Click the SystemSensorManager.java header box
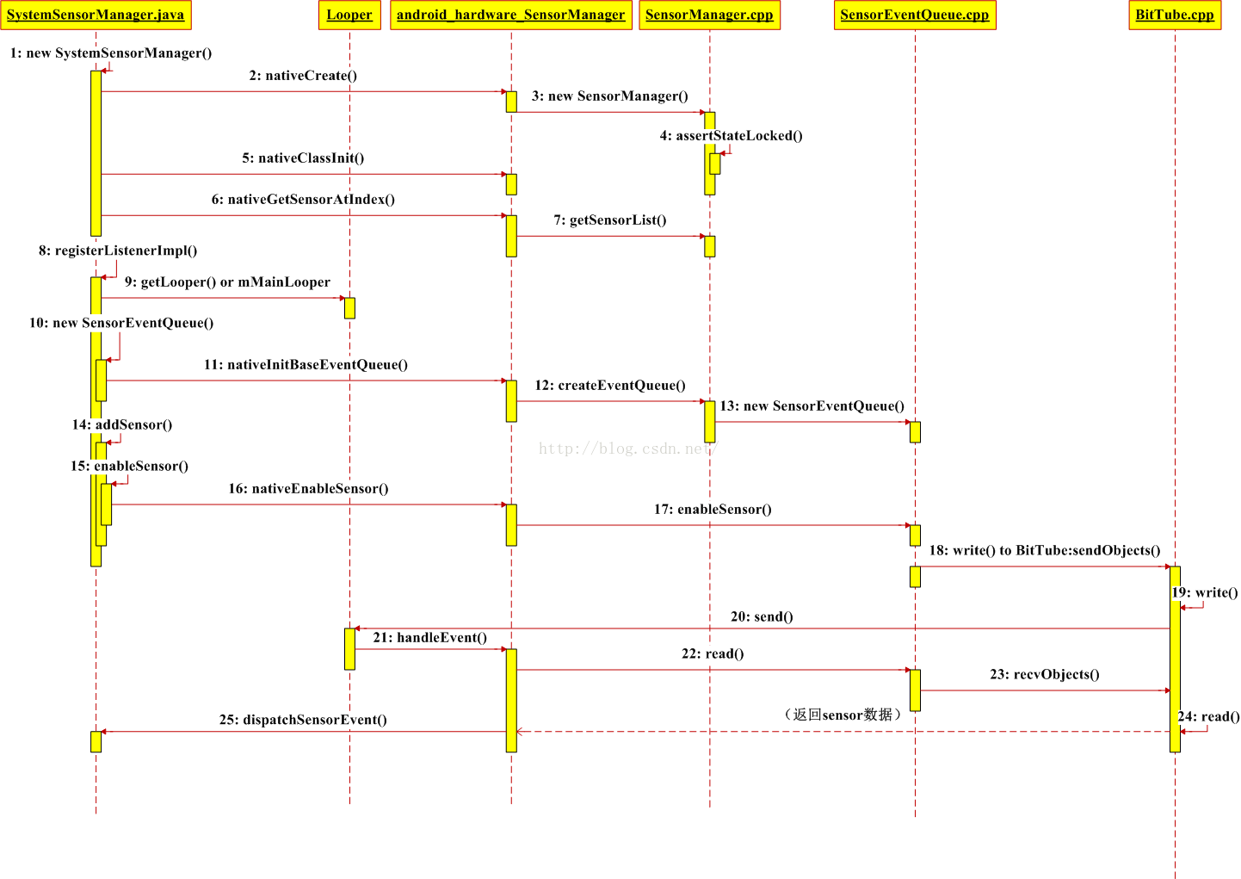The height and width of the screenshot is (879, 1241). click(96, 15)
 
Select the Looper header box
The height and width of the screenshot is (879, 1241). click(349, 15)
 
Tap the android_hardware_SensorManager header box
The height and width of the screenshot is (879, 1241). click(511, 15)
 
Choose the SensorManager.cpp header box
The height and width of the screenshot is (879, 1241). click(709, 15)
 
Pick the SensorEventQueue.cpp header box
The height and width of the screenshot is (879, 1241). click(915, 15)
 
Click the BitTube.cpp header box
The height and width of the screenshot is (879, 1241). click(1175, 15)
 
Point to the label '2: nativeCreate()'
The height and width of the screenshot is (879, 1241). click(303, 76)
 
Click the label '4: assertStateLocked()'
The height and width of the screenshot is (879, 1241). click(731, 136)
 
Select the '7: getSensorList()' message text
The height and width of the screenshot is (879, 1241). click(609, 220)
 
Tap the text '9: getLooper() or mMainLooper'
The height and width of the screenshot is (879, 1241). click(227, 282)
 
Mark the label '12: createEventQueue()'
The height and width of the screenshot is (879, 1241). click(609, 386)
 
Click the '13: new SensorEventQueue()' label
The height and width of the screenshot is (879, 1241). click(812, 406)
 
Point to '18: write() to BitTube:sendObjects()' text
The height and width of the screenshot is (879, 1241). click(1044, 551)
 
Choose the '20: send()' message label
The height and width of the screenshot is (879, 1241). click(762, 616)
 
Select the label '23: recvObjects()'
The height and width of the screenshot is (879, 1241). click(1044, 675)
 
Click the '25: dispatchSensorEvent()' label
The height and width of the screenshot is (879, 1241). click(303, 720)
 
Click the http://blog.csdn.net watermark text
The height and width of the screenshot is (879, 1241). click(627, 449)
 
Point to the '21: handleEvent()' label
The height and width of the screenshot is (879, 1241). click(429, 638)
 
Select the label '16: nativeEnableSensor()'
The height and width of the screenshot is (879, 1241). click(308, 489)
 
